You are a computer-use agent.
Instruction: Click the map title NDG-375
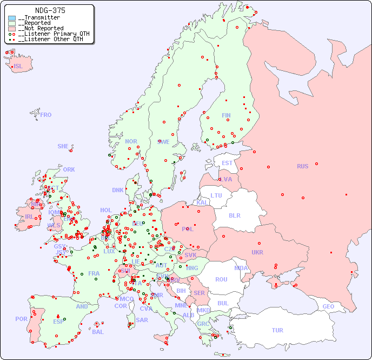coord(50,10)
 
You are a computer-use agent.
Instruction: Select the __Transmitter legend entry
coord(41,17)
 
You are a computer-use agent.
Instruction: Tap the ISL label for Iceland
coord(18,67)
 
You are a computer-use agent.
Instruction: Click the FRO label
coord(46,115)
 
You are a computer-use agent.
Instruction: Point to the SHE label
coord(63,146)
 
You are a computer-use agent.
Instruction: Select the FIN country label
coord(226,115)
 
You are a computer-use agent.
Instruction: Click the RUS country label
coord(302,166)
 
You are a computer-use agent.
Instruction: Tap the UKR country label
coord(257,252)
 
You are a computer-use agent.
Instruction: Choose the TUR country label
coord(277,330)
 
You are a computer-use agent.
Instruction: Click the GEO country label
coord(328,306)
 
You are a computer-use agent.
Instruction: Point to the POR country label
coord(21,319)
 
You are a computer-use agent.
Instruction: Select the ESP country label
coord(58,321)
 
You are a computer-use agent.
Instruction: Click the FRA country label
coord(94,273)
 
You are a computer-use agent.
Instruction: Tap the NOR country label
coord(131,141)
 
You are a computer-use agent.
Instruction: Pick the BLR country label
coord(235,215)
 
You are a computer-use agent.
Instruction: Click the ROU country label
coord(221,279)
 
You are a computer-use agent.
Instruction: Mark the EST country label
coord(227,163)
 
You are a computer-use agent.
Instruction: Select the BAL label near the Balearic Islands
coord(98,332)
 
